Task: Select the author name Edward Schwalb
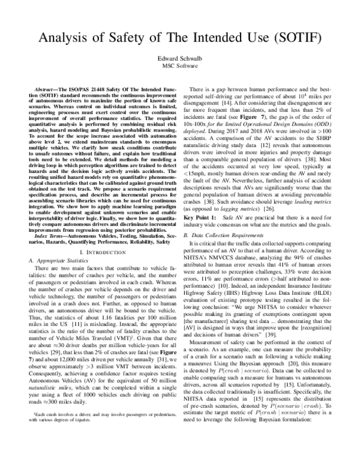click(179, 58)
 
